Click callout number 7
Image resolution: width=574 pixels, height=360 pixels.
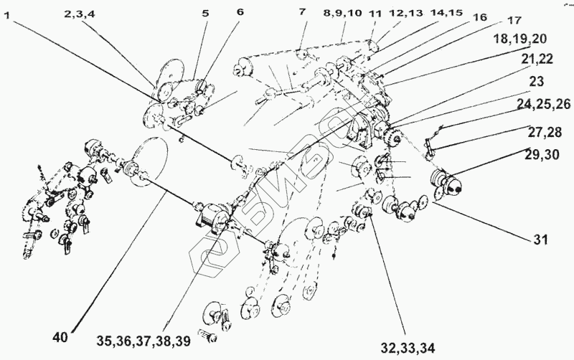click(x=301, y=13)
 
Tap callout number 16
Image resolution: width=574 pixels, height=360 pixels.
click(x=480, y=16)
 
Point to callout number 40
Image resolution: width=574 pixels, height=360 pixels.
click(x=62, y=335)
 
